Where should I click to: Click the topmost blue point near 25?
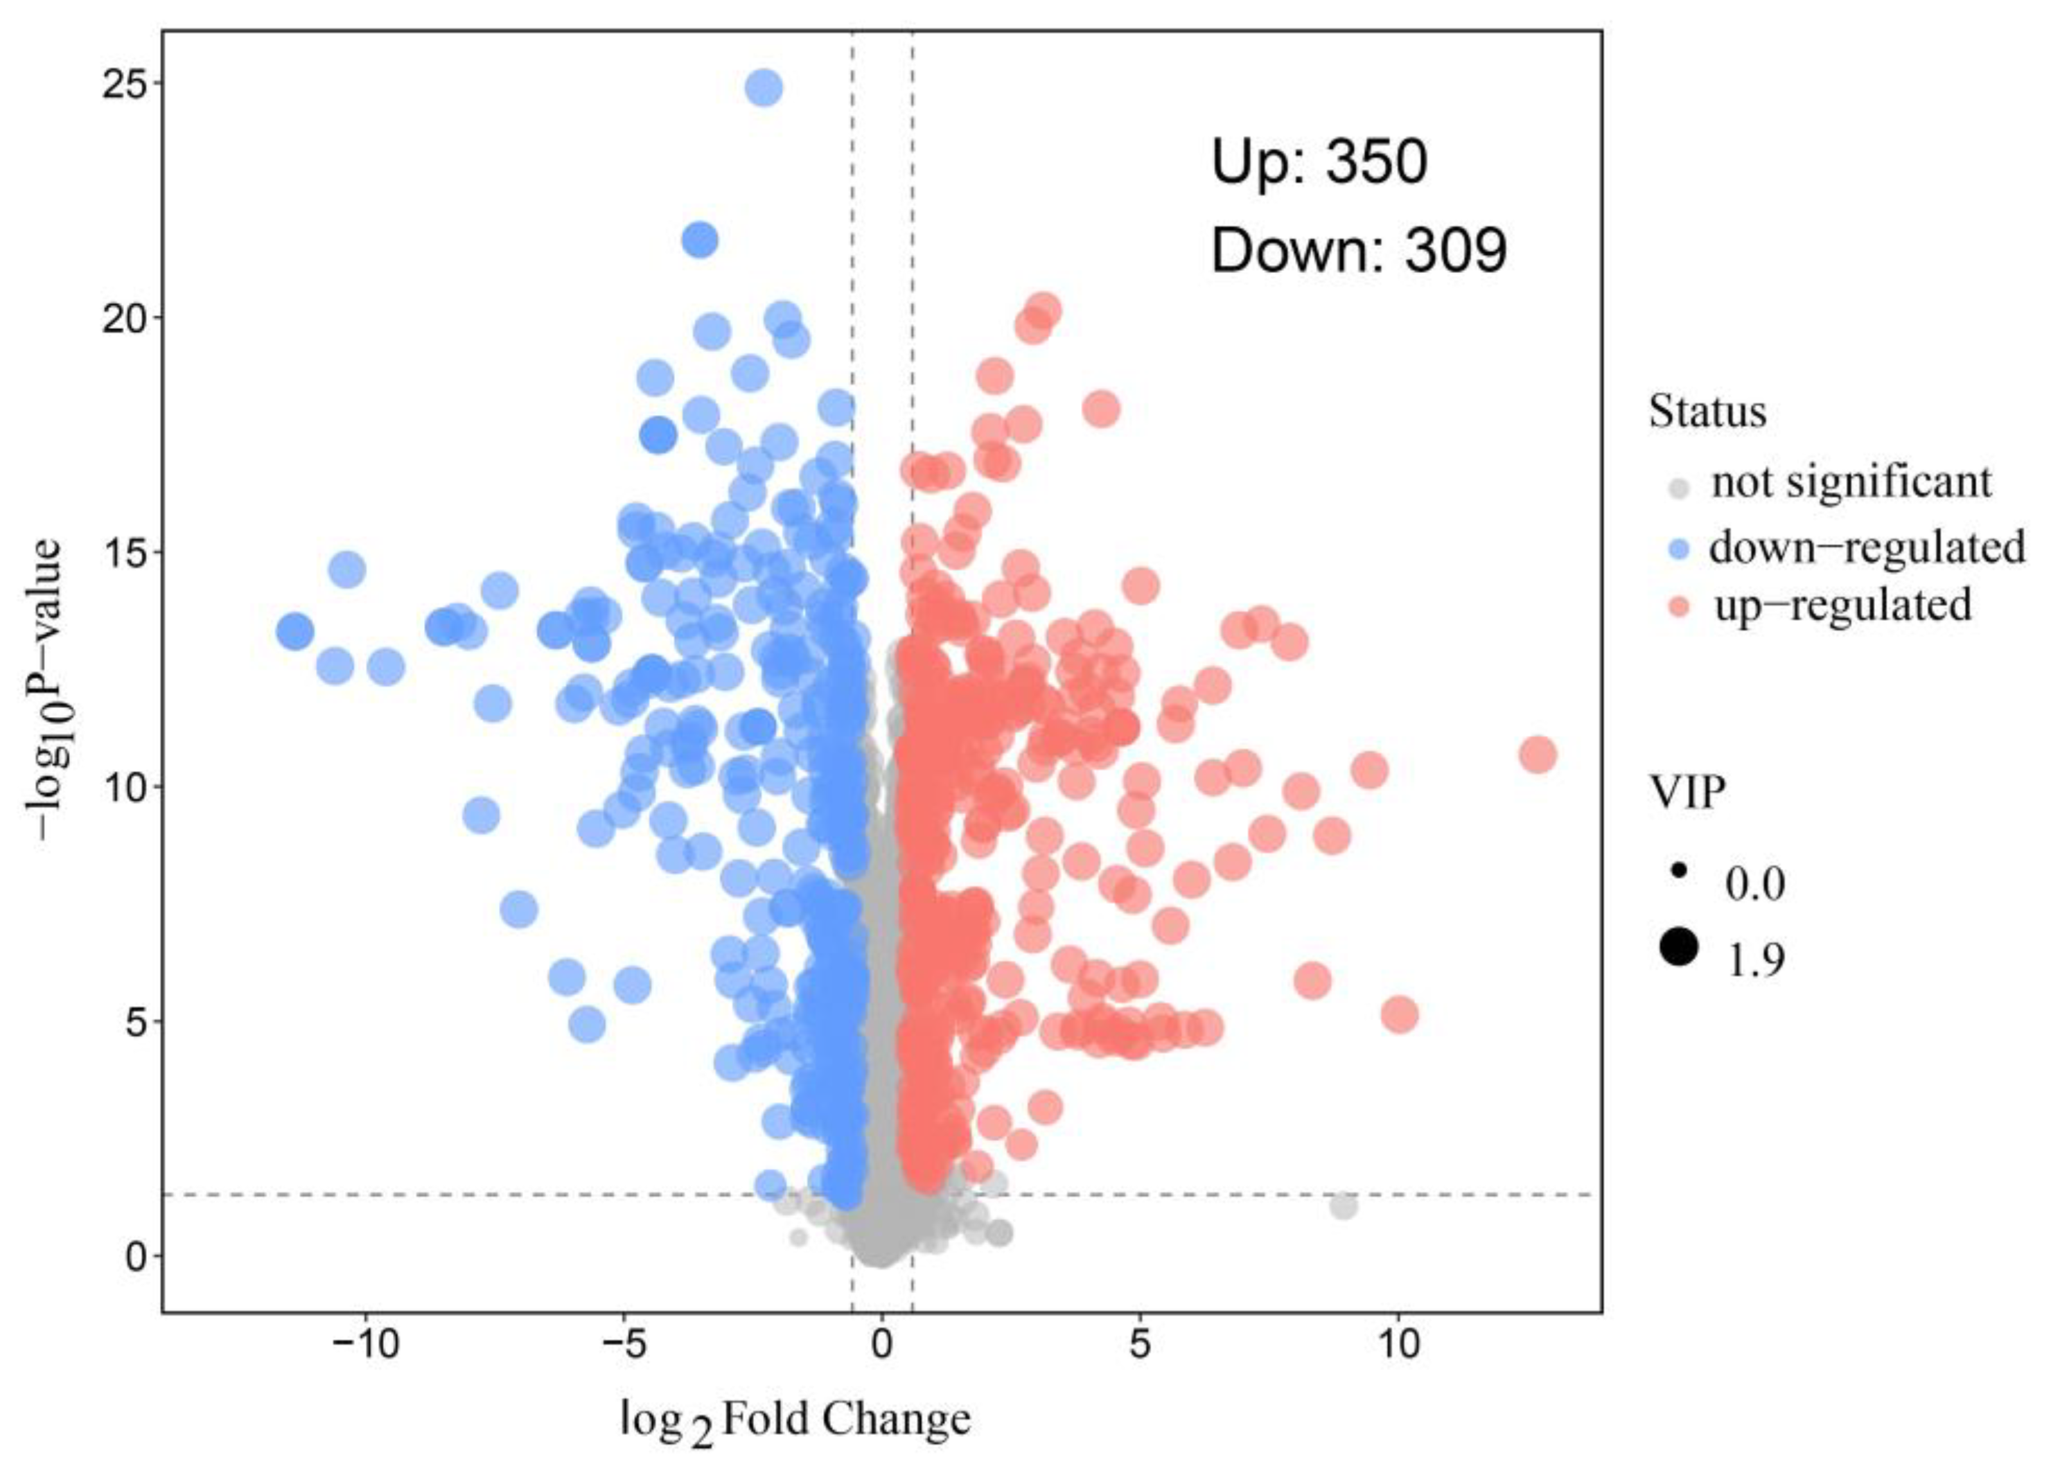[764, 88]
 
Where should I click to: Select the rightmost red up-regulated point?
[1538, 754]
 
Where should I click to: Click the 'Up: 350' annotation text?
[1319, 163]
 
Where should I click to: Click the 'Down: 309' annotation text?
[1359, 251]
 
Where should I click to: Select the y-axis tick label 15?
[125, 552]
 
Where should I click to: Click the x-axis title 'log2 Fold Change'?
[796, 1420]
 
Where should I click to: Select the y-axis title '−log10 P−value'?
[45, 691]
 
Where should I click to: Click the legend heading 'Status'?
[1707, 412]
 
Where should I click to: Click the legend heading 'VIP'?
[1687, 793]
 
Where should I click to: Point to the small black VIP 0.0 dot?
[1680, 872]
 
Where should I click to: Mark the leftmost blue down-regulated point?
[294, 631]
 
